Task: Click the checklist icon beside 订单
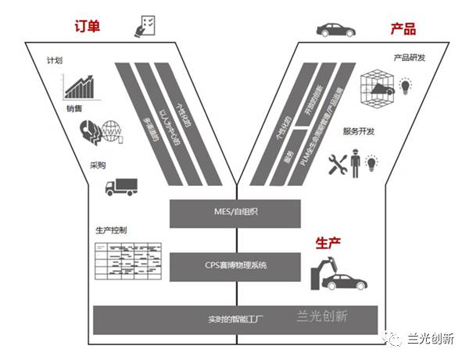coord(145,24)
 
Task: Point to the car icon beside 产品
coord(335,29)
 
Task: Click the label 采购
coord(99,166)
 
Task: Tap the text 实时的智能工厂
coord(234,319)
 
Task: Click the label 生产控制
coord(111,231)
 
